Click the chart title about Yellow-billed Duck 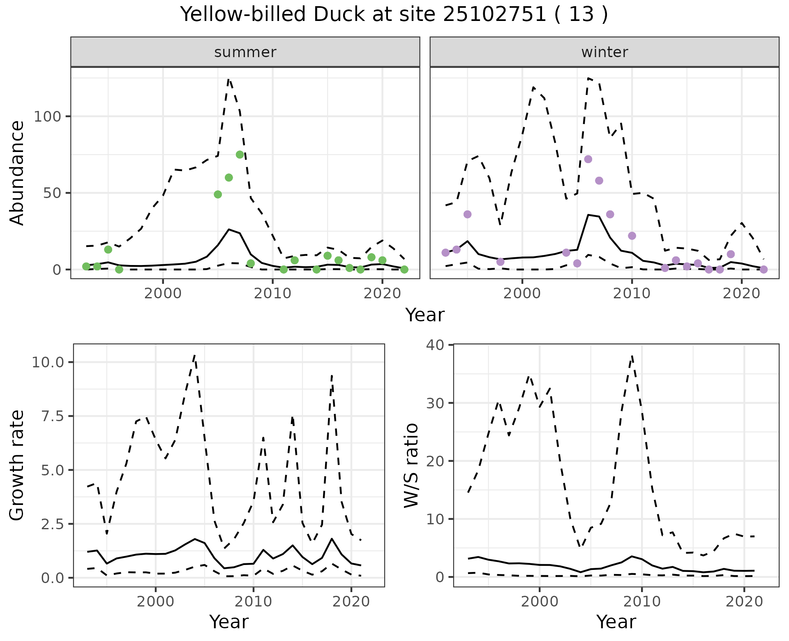(394, 15)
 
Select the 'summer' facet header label (245, 52)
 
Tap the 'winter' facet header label (604, 52)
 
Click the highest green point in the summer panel (240, 154)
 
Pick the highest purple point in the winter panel (588, 159)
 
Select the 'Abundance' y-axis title (17, 173)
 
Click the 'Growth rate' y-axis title (17, 466)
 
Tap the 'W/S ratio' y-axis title (411, 466)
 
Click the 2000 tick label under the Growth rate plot (155, 602)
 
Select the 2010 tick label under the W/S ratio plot (642, 602)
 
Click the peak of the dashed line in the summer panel (229, 79)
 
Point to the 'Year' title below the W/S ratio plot (616, 622)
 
